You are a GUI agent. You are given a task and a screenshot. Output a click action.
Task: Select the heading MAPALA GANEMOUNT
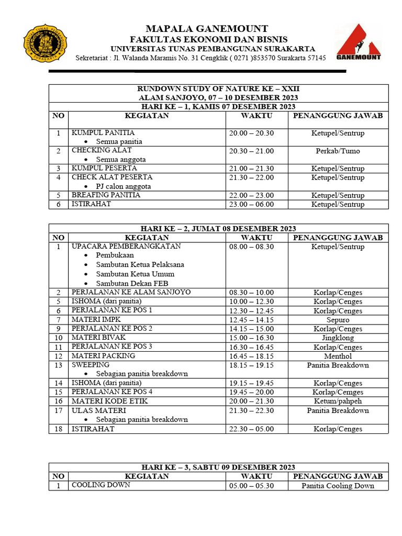coord(207,29)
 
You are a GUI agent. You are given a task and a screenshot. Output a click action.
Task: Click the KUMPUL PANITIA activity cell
coord(103,133)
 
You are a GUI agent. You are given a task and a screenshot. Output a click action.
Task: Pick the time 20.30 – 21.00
coord(251,151)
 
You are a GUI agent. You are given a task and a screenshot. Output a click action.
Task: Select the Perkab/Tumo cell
coord(338,151)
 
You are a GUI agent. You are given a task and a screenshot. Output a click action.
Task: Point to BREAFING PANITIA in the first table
coord(106,195)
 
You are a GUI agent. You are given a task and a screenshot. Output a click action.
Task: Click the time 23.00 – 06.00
coord(251,204)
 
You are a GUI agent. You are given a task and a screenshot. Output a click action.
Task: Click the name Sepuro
coord(338,320)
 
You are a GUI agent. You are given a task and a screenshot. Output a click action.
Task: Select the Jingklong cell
coord(338,338)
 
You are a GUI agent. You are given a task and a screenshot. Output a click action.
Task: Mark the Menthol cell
coord(338,356)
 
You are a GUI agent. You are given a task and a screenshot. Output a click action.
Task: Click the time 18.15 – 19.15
coord(251,365)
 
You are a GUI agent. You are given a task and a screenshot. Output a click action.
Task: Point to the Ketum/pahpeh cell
coord(338,401)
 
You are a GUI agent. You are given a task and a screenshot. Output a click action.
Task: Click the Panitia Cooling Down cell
coord(338,486)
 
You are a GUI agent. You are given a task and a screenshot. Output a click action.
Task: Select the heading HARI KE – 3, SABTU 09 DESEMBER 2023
coord(218,467)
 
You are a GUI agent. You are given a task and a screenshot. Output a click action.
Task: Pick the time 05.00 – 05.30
coord(251,486)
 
